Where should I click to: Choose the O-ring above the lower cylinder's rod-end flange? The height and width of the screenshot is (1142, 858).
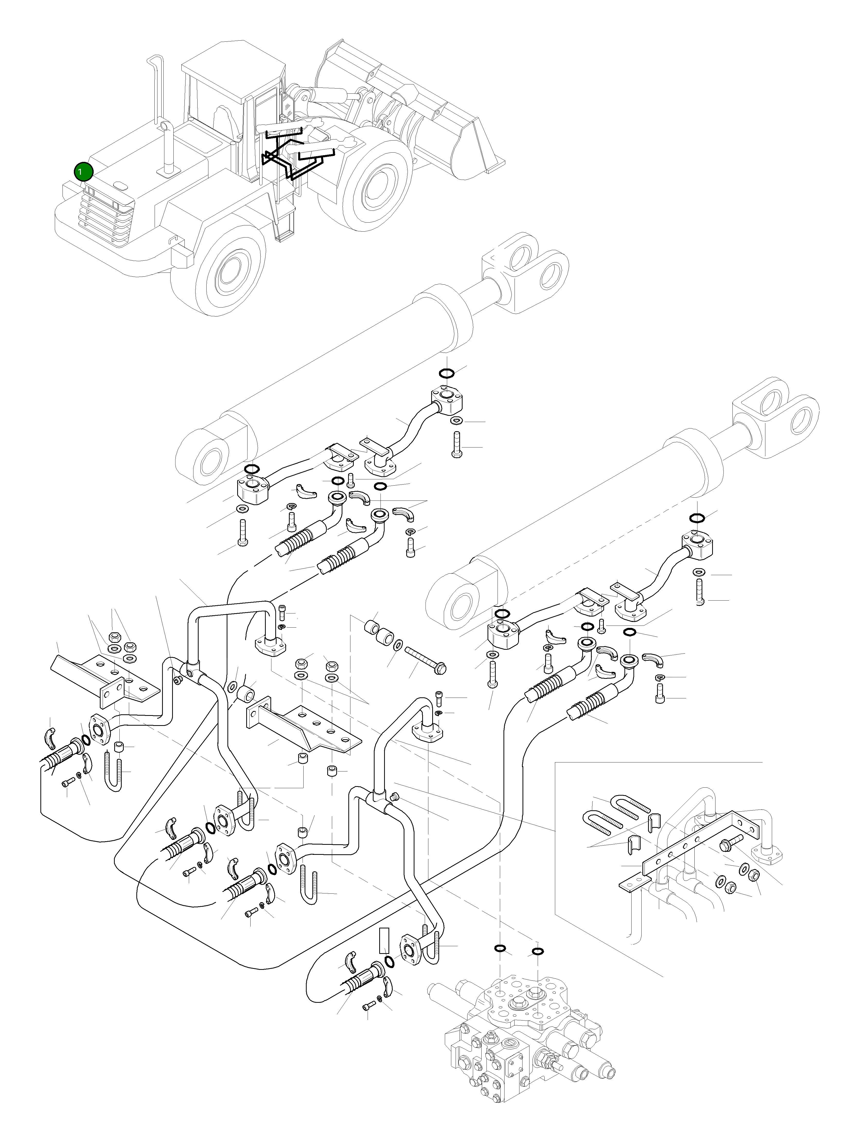[696, 518]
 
